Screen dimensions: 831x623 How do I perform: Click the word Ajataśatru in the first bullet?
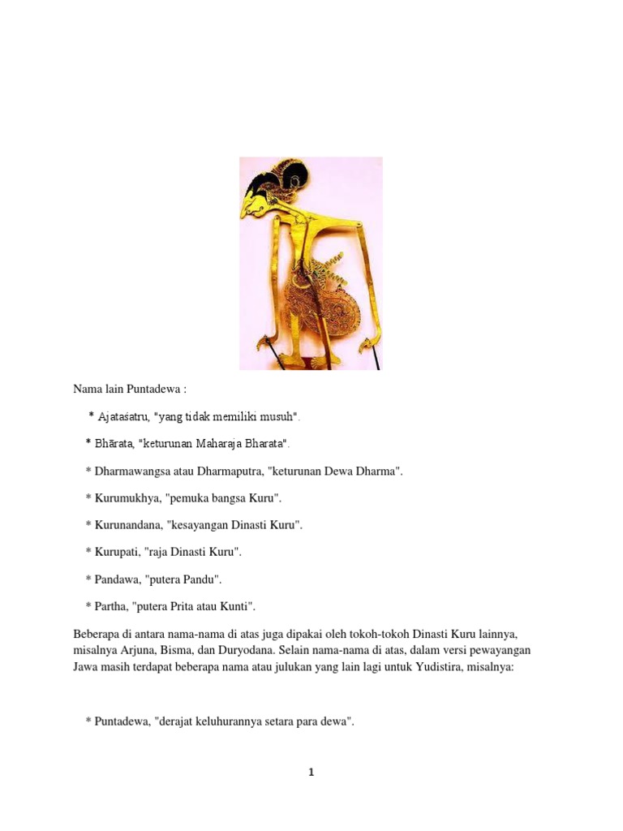tap(122, 417)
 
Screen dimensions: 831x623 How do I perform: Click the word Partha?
tap(110, 606)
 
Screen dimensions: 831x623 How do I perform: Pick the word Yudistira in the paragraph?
tap(444, 667)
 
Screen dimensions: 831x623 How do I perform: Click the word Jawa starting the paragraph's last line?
tap(85, 667)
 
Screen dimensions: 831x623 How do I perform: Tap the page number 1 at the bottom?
tap(311, 773)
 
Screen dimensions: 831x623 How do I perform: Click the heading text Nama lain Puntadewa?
tap(130, 390)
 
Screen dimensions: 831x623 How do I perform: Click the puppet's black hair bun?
tap(296, 174)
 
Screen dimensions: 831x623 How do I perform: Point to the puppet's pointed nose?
tap(243, 214)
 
